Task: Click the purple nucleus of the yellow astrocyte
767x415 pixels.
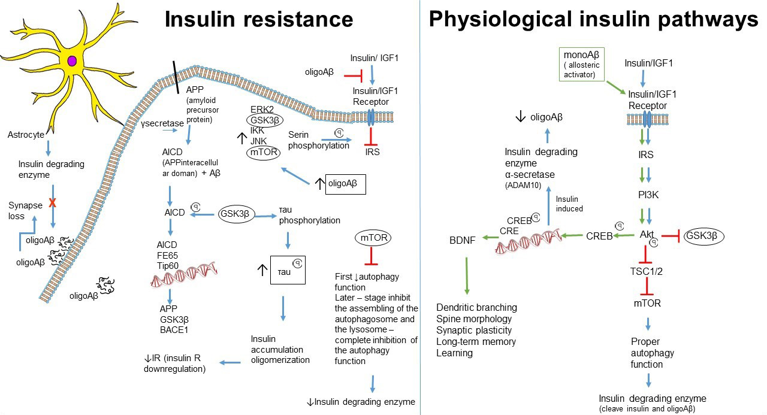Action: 73,60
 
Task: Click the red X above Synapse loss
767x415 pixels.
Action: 52,203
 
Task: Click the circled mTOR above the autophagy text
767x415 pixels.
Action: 373,238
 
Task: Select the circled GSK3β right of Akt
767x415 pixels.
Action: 704,236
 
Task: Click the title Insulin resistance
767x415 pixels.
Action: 259,20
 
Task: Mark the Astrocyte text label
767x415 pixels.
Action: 26,135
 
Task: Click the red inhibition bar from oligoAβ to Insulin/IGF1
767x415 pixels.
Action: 355,75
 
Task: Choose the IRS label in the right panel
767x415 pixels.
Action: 646,155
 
